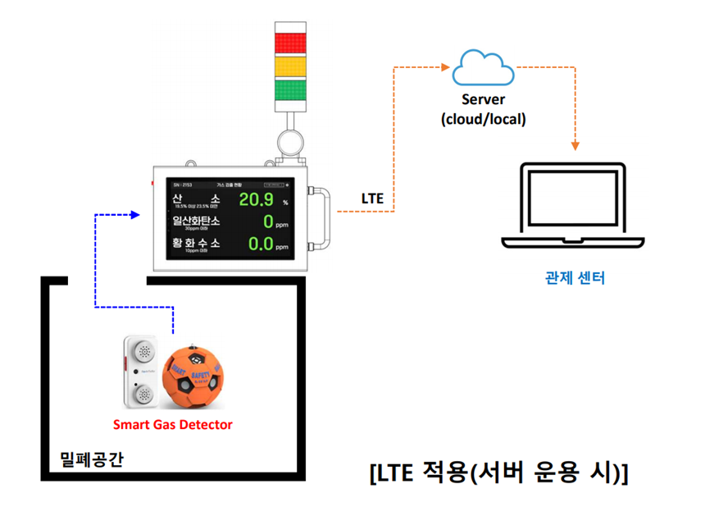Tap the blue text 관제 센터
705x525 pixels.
pos(575,277)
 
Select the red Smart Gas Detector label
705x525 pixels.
pos(172,424)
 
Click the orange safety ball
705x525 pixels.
pos(191,376)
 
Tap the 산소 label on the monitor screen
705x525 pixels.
pos(196,200)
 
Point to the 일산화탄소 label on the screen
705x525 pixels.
pos(196,221)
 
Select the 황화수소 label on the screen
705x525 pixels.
pos(196,244)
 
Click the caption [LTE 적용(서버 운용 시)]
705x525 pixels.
pos(498,473)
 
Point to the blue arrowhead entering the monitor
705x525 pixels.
pos(144,215)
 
